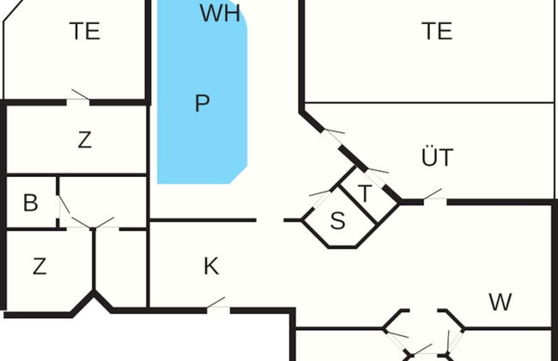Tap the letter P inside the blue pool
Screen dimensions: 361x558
[202, 104]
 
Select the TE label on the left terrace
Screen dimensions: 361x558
[85, 31]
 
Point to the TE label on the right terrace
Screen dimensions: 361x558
[437, 31]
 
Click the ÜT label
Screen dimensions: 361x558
[437, 158]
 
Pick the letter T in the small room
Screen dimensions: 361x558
[364, 193]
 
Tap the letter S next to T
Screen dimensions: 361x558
[337, 221]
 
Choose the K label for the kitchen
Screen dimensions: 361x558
[211, 267]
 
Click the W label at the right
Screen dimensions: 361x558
[500, 302]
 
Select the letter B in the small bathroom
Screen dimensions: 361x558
[31, 204]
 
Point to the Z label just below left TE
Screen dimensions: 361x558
[84, 140]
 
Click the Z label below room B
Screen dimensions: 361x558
[39, 267]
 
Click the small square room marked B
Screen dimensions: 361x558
[32, 204]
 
